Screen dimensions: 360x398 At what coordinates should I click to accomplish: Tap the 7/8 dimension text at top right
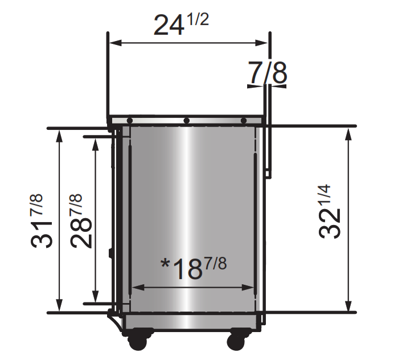click(x=268, y=72)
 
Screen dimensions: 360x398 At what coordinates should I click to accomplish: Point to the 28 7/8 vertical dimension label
click(x=81, y=221)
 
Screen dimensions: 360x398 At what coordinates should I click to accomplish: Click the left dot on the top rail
click(x=130, y=121)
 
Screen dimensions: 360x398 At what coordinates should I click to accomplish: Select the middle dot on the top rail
click(x=187, y=121)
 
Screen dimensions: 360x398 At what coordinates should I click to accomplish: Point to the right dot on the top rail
click(x=243, y=121)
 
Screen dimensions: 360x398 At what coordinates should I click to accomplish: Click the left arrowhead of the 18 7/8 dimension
click(x=134, y=287)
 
